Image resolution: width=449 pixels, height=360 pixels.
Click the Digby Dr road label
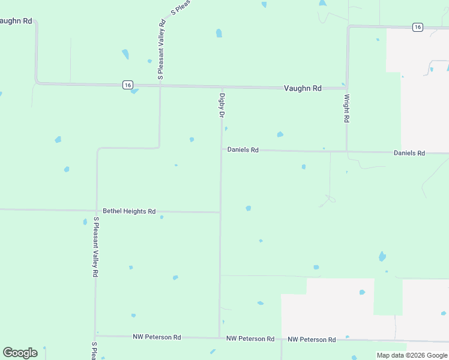(x=221, y=104)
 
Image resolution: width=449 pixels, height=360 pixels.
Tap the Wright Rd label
(x=346, y=108)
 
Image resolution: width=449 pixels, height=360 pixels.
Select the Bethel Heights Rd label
(x=129, y=211)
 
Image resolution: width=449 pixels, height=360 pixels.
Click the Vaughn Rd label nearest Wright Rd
(x=303, y=88)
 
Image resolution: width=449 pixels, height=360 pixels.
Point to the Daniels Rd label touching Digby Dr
(x=243, y=149)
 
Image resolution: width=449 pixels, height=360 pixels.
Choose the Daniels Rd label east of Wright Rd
(x=409, y=153)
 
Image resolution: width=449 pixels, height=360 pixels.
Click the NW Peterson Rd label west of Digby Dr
(x=157, y=337)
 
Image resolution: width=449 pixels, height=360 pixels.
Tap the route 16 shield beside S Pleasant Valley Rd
(x=128, y=85)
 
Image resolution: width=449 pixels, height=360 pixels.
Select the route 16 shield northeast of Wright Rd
(x=418, y=27)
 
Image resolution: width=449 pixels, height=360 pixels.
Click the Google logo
(x=20, y=353)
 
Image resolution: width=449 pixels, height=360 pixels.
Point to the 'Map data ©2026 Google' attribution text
(x=412, y=355)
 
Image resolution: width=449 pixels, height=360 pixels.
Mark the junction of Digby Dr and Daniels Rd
(x=221, y=149)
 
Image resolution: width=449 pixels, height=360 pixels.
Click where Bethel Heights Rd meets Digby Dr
(x=220, y=212)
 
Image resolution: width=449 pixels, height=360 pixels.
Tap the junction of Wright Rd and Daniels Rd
(x=346, y=151)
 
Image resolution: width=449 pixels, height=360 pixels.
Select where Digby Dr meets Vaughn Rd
(x=221, y=87)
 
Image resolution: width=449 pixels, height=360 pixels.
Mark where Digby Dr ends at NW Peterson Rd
(x=219, y=337)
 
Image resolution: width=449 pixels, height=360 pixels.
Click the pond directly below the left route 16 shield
(x=134, y=91)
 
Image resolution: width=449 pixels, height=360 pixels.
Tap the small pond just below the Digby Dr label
(x=226, y=128)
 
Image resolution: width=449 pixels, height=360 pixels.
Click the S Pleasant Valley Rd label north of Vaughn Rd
(x=161, y=50)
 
